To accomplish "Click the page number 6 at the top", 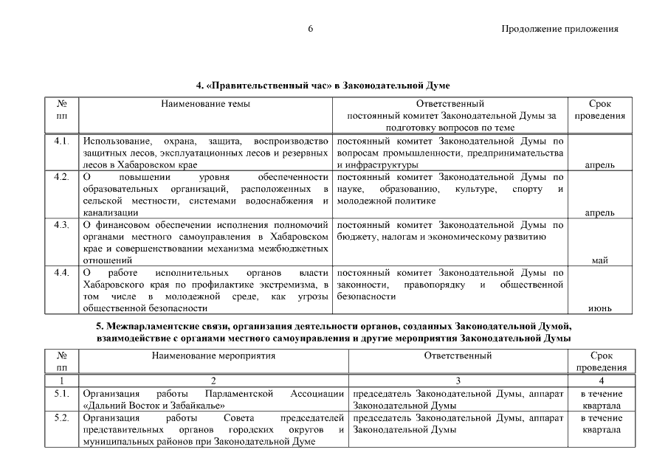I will (311, 29).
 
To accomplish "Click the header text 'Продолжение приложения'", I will (559, 29).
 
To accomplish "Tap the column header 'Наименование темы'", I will (205, 104).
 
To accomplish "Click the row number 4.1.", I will (61, 140).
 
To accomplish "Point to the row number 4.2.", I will (61, 177).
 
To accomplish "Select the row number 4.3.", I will (61, 224).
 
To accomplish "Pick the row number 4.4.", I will (61, 272).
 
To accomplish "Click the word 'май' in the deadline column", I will (599, 260).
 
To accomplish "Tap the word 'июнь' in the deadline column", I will (599, 308).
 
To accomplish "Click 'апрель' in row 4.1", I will (599, 164).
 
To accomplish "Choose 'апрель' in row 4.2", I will (599, 212).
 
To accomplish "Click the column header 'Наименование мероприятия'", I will (213, 355).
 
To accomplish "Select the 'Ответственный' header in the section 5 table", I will (458, 355).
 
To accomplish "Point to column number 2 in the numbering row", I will (213, 381).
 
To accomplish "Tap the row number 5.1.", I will (61, 394).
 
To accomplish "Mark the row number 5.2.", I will (61, 417).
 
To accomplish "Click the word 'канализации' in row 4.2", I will (111, 212).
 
